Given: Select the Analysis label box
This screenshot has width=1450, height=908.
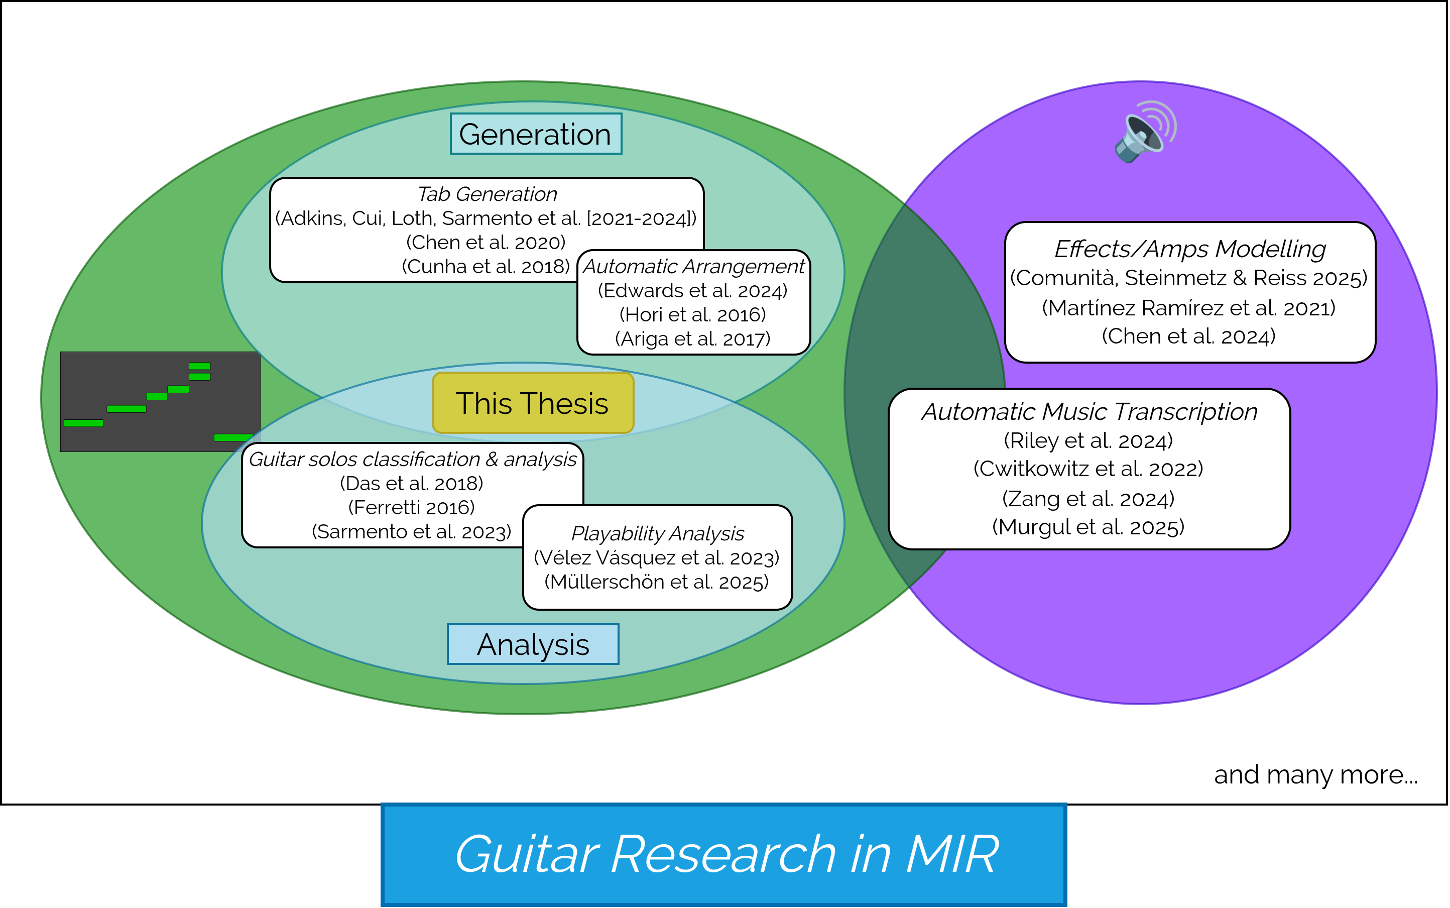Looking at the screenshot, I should [533, 644].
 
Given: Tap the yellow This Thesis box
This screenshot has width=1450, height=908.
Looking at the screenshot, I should [533, 403].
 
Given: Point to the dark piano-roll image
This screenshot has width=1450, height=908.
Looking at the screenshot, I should [160, 401].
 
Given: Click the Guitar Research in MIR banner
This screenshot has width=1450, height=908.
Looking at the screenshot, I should [723, 855].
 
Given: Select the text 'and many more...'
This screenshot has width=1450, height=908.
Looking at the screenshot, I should [1315, 775].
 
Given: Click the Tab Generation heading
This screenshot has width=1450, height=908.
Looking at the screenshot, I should [487, 194].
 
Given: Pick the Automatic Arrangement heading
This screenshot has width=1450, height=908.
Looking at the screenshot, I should [693, 266].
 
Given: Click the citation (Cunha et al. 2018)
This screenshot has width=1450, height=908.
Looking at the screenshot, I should [485, 266].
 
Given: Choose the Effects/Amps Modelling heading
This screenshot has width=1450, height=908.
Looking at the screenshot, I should [1190, 249].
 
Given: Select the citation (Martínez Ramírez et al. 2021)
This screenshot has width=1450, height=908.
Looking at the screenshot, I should [1189, 307].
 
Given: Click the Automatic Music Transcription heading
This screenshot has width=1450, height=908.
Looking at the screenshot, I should [1089, 411].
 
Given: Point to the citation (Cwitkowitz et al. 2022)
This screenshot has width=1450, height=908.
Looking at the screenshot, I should [1088, 469].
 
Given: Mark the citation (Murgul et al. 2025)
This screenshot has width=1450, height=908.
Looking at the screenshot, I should [1088, 527].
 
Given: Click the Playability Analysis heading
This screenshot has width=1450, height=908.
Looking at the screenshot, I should [657, 533].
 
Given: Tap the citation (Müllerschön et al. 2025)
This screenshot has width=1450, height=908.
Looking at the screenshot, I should [656, 582].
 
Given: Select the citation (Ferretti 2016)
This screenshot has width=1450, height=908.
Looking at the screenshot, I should [411, 507].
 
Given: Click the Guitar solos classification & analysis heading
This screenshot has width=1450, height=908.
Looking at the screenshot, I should [413, 460].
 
